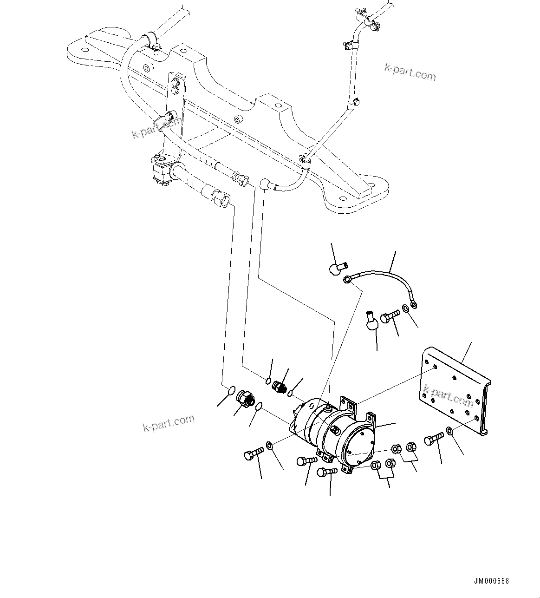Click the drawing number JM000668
[x=492, y=581]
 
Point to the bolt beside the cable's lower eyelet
[x=390, y=318]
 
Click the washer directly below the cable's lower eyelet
[x=406, y=308]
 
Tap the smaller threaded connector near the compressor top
[x=280, y=387]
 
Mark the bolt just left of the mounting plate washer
[x=434, y=439]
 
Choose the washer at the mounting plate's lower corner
[x=450, y=431]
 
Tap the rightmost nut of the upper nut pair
[x=410, y=447]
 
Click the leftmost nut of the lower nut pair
[x=377, y=465]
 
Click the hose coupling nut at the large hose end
[x=221, y=197]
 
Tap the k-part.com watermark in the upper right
[x=410, y=72]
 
